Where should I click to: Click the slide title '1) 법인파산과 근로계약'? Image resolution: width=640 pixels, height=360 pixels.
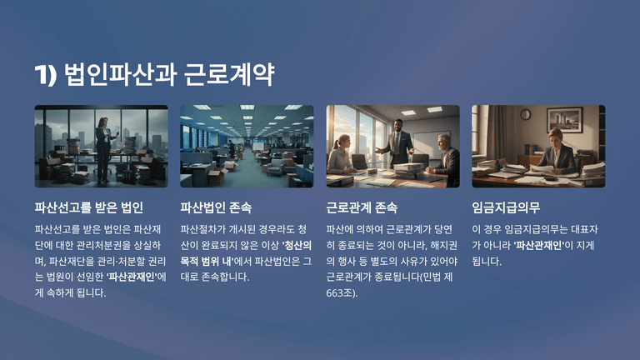tap(154, 75)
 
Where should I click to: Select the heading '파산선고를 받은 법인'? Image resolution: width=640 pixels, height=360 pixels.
tap(88, 207)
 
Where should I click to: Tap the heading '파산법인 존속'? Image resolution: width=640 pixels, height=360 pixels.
tap(216, 207)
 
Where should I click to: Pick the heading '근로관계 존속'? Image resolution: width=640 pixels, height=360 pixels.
tap(362, 207)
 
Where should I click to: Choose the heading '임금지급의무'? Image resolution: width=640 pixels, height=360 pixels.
tap(506, 207)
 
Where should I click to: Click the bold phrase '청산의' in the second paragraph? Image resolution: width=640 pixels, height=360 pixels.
tap(297, 245)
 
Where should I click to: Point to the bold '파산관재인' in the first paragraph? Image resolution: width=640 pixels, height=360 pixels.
tap(132, 277)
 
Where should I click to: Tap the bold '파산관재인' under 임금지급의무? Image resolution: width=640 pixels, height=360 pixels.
tap(539, 245)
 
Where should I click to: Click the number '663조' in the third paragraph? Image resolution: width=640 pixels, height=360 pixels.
tap(339, 293)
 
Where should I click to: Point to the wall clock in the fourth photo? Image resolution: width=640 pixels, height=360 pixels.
tap(525, 115)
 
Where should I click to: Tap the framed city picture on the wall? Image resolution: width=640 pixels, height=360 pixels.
tap(565, 119)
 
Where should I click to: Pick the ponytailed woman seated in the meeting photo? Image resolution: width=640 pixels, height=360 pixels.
tap(341, 155)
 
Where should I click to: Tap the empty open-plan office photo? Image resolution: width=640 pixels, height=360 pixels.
tap(247, 147)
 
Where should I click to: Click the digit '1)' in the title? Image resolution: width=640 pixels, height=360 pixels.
tap(45, 75)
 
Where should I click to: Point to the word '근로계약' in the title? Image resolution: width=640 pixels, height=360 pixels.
tap(229, 75)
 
